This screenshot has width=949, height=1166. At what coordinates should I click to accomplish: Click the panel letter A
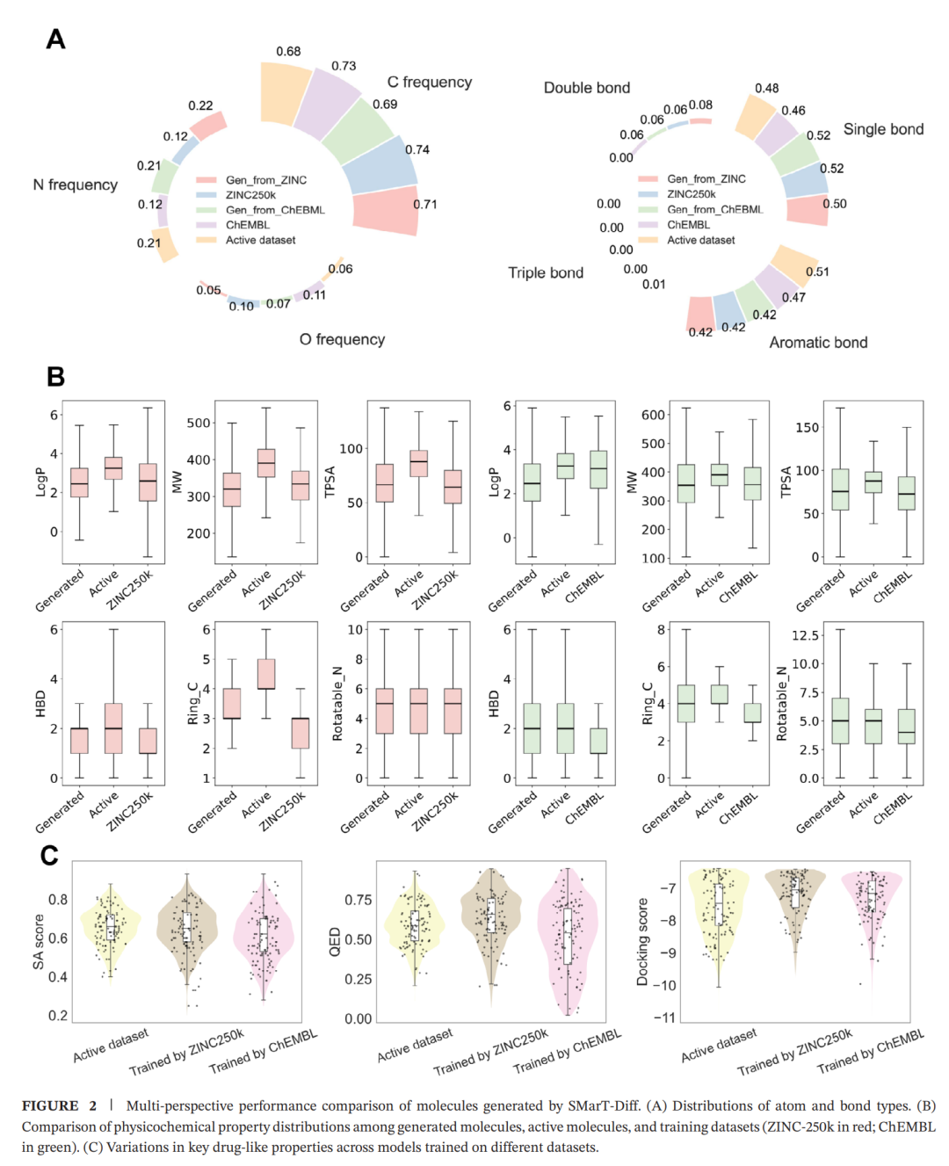click(x=55, y=40)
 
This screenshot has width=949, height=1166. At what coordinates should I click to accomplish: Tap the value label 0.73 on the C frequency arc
click(x=344, y=66)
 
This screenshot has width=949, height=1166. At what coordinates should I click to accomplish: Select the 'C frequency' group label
click(x=429, y=82)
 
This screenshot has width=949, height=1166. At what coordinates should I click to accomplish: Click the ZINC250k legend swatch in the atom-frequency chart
click(x=206, y=195)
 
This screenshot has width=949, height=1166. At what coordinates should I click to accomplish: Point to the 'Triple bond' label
click(x=546, y=272)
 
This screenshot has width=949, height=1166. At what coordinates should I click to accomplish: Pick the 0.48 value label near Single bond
click(x=766, y=88)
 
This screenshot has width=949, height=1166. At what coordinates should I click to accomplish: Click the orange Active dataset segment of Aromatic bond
click(x=795, y=266)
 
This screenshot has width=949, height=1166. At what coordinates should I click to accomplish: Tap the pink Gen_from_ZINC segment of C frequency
click(x=385, y=211)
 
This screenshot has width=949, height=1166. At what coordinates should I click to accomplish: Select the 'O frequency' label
click(x=342, y=339)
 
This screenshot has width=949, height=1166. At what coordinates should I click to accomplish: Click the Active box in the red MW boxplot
click(x=266, y=463)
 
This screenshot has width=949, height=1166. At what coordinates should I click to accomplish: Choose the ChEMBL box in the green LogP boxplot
click(x=598, y=469)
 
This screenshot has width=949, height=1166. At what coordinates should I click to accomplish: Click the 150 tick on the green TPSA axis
click(x=807, y=428)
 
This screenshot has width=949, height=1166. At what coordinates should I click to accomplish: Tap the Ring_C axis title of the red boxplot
click(x=192, y=704)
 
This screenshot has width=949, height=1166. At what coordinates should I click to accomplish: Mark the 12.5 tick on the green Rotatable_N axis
click(x=805, y=635)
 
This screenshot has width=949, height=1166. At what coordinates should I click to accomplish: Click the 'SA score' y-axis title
click(x=39, y=942)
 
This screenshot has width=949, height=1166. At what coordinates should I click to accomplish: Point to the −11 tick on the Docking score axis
click(x=664, y=1018)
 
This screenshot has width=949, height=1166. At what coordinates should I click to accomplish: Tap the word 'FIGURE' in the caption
click(x=50, y=1106)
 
